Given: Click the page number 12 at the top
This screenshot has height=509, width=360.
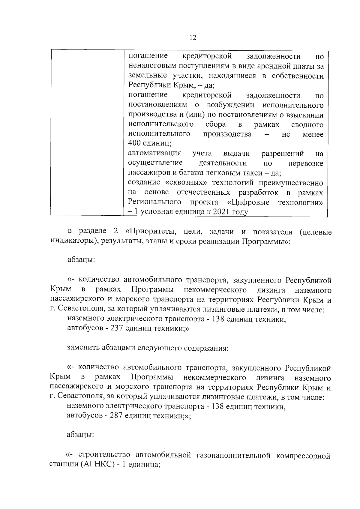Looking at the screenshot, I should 193,37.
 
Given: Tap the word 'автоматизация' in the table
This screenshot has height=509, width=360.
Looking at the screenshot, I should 154,154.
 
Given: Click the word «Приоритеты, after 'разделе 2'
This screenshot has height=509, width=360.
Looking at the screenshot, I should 151,232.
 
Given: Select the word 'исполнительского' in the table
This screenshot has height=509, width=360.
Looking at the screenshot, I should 160,124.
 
